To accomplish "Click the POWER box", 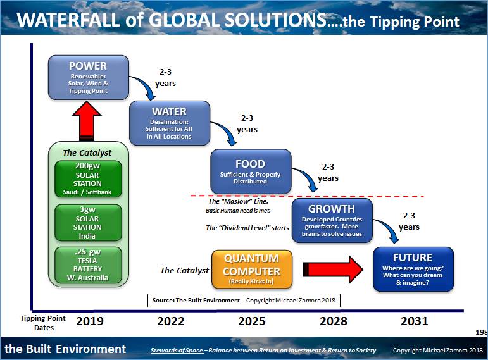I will click(x=88, y=78).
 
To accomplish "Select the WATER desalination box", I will click(x=169, y=123).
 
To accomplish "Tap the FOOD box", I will click(x=251, y=171).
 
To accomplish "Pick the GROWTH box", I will click(x=331, y=220).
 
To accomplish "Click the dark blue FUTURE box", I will click(x=413, y=269).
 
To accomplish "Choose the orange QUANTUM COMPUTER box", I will click(x=251, y=270).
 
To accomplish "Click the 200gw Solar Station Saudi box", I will click(x=88, y=178).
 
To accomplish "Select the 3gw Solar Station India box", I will click(x=88, y=223).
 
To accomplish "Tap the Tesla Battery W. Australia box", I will click(x=88, y=264).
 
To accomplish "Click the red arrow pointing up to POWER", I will click(x=87, y=121).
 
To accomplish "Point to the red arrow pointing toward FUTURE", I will click(x=334, y=270).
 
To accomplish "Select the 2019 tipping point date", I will click(x=90, y=321).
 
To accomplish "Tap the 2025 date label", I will click(x=252, y=321).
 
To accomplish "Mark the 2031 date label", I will click(x=414, y=321).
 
